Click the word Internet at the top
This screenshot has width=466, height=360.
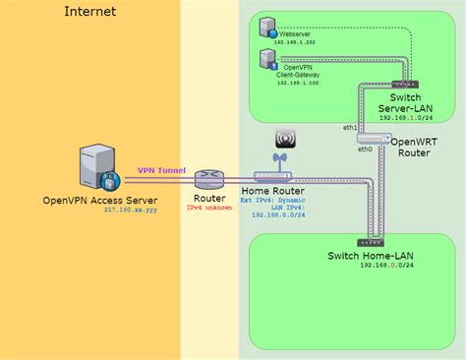[x=89, y=12]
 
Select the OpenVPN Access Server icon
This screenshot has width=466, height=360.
[x=99, y=168]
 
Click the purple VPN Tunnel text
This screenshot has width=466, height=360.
[x=159, y=168]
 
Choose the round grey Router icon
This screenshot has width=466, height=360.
[x=208, y=180]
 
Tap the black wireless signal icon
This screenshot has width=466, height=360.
[x=286, y=138]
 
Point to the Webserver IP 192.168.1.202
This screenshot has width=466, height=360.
[x=296, y=44]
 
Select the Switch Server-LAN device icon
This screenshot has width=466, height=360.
[x=403, y=85]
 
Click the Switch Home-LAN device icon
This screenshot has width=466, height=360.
[x=372, y=241]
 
